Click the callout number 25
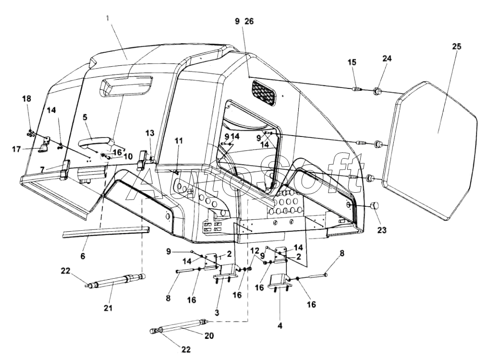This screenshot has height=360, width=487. (456, 47)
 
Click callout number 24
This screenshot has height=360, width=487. (387, 58)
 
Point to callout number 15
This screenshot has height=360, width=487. (352, 62)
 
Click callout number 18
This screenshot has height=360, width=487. (26, 99)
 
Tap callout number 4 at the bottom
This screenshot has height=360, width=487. (280, 325)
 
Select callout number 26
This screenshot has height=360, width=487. (249, 21)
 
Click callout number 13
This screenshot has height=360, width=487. (150, 133)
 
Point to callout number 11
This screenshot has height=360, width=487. (179, 141)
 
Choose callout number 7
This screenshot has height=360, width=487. (42, 169)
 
